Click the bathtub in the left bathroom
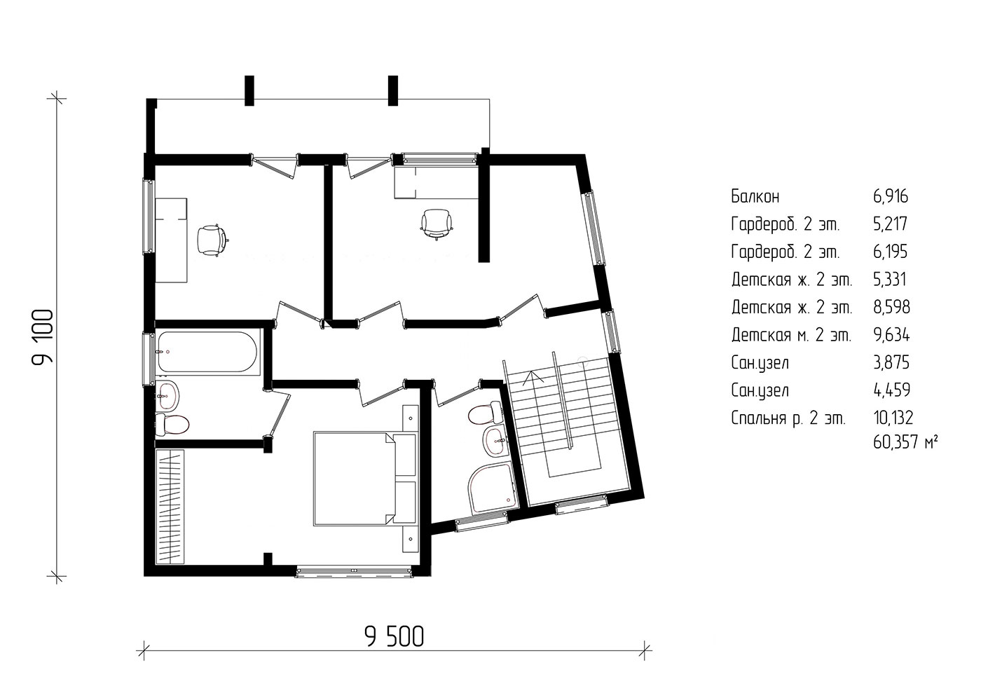click(208, 352)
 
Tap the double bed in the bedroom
click(364, 479)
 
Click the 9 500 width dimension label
click(394, 637)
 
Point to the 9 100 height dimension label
click(43, 337)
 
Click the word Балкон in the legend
click(755, 197)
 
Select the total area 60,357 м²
click(905, 443)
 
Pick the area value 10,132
click(893, 418)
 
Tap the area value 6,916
click(891, 197)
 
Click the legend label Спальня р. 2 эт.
click(788, 418)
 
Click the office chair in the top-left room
click(212, 239)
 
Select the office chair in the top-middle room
click(436, 224)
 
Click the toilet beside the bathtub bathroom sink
click(172, 424)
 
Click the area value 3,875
click(891, 362)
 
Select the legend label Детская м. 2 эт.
click(791, 336)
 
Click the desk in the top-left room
click(172, 240)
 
